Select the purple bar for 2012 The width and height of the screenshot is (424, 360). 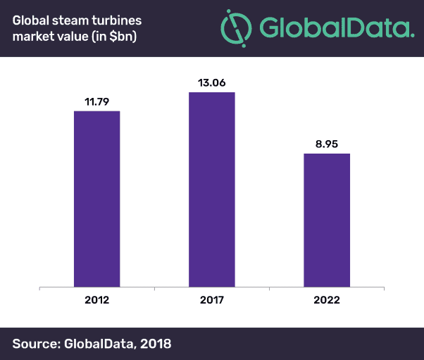pyautogui.click(x=96, y=199)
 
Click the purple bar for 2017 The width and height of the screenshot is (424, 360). pyautogui.click(x=211, y=190)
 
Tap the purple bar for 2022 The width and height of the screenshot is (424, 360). pyautogui.click(x=326, y=220)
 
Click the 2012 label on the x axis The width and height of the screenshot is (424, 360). pyautogui.click(x=96, y=300)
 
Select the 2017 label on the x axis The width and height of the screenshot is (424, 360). pyautogui.click(x=211, y=300)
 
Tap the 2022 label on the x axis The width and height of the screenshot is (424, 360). pyautogui.click(x=326, y=300)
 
